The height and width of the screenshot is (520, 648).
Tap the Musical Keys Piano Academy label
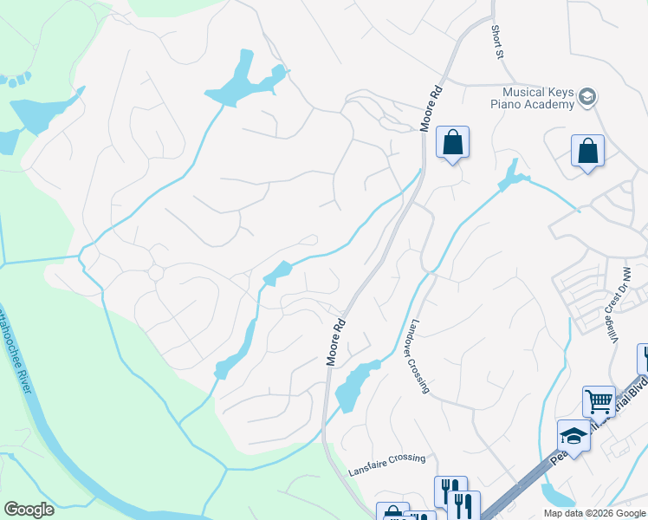[x=533, y=99]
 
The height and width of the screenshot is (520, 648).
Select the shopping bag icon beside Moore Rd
[x=452, y=143]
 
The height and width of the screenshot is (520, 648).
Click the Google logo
[x=29, y=510]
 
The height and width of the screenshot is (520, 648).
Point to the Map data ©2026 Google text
[x=593, y=513]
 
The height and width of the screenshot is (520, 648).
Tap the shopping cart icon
[x=598, y=402]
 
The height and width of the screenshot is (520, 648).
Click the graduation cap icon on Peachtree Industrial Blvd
[x=573, y=436]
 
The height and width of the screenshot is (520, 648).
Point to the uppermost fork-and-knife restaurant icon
[x=450, y=491]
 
